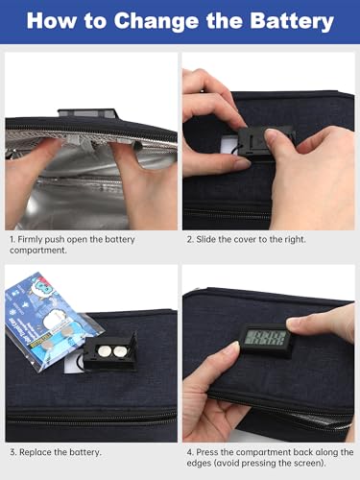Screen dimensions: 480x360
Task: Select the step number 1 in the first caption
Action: click(12, 239)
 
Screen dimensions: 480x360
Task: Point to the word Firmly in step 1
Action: click(36, 239)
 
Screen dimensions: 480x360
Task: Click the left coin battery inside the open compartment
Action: click(102, 351)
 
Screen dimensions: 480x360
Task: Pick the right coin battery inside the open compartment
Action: click(121, 350)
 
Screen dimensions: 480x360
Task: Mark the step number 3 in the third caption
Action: click(12, 451)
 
